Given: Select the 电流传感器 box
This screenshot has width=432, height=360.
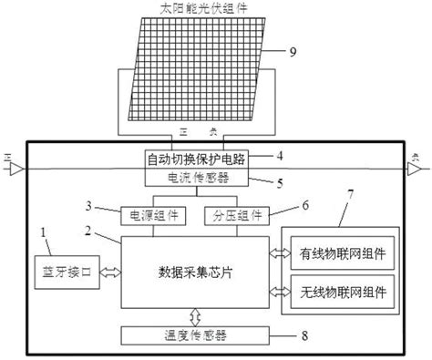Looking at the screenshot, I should coord(200,177).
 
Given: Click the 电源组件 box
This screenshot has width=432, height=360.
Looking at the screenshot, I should coord(152,215).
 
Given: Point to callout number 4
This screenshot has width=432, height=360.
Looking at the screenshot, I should coord(281,154).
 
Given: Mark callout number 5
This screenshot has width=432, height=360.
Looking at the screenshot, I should coord(281,182).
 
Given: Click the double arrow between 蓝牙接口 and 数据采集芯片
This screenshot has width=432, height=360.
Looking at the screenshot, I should coord(109,270).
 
